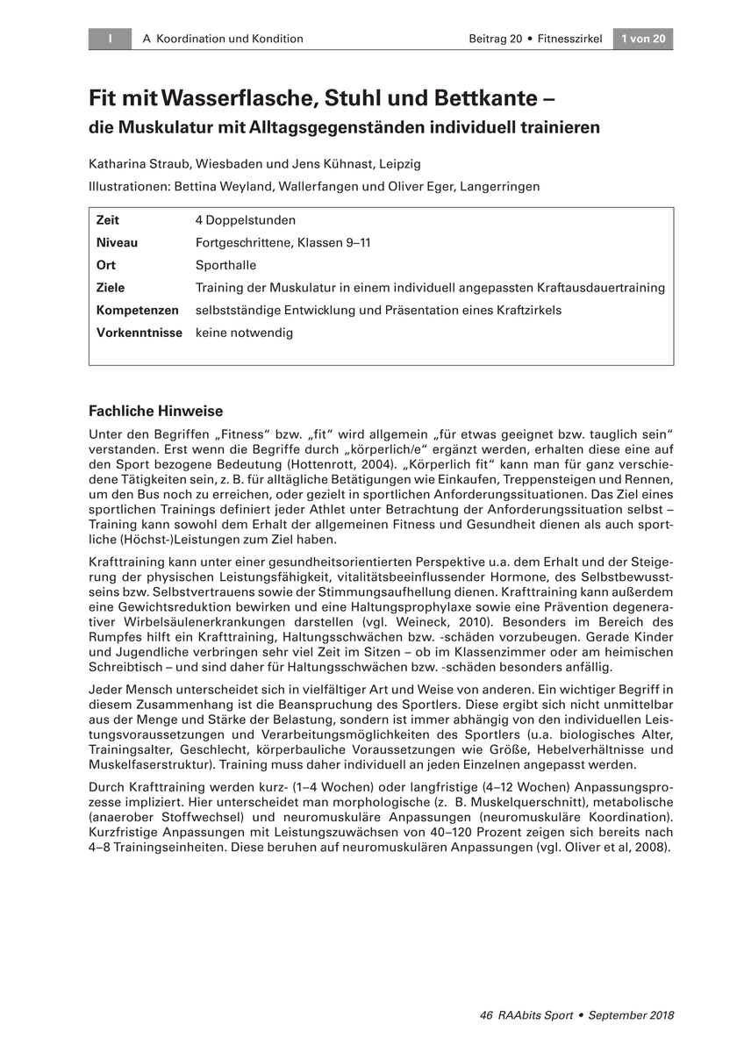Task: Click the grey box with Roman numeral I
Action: [110, 39]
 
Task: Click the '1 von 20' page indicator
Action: [643, 39]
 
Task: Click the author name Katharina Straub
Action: [139, 163]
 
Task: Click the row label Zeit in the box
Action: [108, 219]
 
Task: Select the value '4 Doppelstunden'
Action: [246, 219]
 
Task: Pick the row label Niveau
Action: [117, 242]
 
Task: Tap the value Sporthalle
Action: [226, 265]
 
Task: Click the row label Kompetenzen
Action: [137, 310]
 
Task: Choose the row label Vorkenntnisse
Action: [139, 333]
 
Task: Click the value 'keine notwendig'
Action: [244, 333]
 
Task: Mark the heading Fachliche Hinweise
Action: [156, 411]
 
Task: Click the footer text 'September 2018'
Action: [631, 1015]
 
